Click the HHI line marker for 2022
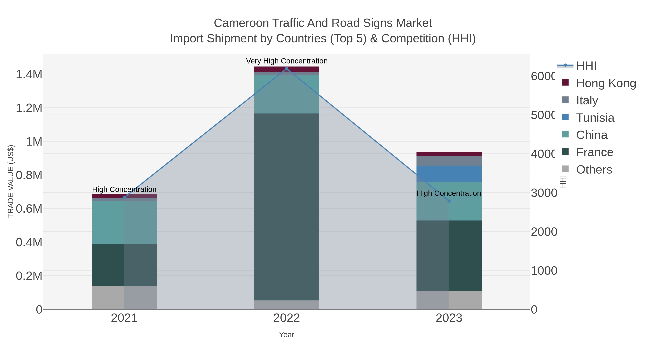coord(287,69)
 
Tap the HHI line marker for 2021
coord(124,197)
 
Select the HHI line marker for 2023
coord(449,201)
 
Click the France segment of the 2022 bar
coord(287,207)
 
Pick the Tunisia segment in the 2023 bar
coord(449,174)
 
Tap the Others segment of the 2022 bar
coord(287,305)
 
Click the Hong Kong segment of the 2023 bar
coord(449,154)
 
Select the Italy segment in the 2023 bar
coord(449,161)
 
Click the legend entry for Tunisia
coord(595,118)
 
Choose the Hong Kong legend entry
coord(606,83)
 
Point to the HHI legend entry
coord(586,66)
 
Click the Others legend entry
coord(594,170)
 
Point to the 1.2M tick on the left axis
coord(29,108)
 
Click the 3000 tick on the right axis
coord(544,193)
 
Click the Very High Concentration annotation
coord(287,61)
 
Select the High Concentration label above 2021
coord(124,189)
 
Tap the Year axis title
coord(286,335)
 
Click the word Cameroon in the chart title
coord(241,23)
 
